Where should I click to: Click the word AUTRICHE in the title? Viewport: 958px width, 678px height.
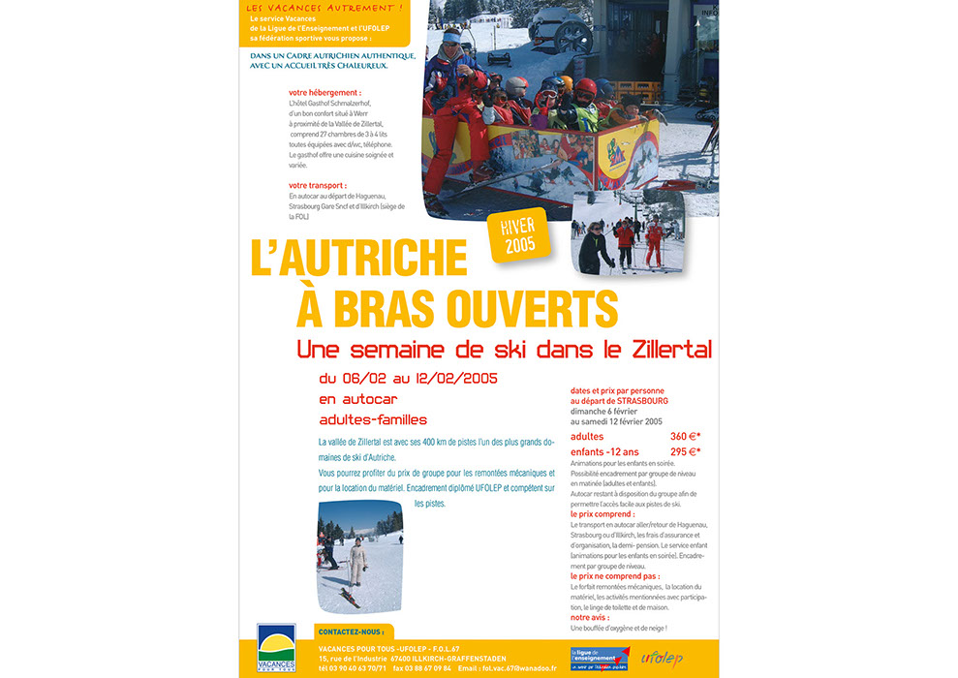tap(359, 259)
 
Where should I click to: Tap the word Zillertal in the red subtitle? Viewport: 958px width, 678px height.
tap(664, 349)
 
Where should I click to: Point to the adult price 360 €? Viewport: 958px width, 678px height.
tap(685, 436)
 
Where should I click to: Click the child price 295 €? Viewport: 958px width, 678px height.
tap(685, 450)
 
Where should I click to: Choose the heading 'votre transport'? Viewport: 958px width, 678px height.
tap(317, 185)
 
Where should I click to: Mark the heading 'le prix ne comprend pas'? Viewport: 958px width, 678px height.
tap(608, 575)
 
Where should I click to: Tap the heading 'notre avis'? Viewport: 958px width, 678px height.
tap(591, 617)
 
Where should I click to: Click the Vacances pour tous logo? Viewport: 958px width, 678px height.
tap(276, 648)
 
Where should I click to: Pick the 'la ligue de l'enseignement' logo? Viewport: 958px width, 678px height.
tap(600, 657)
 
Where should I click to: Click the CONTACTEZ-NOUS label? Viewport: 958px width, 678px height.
tap(351, 632)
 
